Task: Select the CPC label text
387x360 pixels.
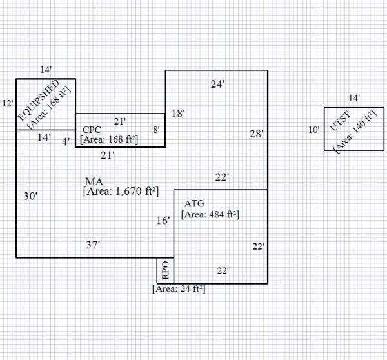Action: (92, 130)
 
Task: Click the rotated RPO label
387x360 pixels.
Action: (165, 269)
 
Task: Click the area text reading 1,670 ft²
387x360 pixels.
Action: (121, 191)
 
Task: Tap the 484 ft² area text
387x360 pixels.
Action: (210, 215)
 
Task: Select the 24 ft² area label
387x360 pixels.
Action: (179, 289)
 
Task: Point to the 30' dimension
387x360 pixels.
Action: (30, 196)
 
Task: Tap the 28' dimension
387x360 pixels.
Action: (257, 134)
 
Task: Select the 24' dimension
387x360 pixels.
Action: (217, 84)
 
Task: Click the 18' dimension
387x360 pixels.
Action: (178, 114)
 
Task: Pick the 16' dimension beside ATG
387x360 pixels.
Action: (164, 221)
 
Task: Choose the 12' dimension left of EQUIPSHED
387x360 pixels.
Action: (7, 103)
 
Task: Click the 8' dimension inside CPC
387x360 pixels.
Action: (156, 130)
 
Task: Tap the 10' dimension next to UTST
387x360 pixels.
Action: (313, 130)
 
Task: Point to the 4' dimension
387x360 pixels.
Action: (66, 141)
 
